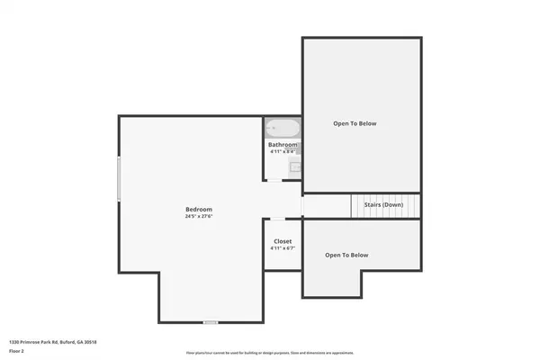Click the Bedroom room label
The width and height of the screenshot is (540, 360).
pyautogui.click(x=199, y=209)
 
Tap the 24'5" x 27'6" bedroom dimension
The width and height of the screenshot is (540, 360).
pyautogui.click(x=199, y=216)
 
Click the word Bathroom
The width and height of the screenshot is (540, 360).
pyautogui.click(x=283, y=145)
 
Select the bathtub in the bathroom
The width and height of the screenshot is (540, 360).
pyautogui.click(x=283, y=128)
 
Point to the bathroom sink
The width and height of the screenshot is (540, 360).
pyautogui.click(x=293, y=166)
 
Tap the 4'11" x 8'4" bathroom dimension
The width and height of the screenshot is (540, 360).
pyautogui.click(x=283, y=151)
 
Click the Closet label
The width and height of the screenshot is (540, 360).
pyautogui.click(x=283, y=241)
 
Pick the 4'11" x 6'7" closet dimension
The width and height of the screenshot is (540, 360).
pyautogui.click(x=283, y=248)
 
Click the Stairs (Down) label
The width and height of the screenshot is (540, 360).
pyautogui.click(x=383, y=205)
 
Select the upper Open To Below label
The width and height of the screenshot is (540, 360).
pyautogui.click(x=355, y=123)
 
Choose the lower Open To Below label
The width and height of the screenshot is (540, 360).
pyautogui.click(x=346, y=256)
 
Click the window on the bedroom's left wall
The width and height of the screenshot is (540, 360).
pyautogui.click(x=119, y=180)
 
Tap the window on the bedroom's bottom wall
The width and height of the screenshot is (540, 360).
pyautogui.click(x=211, y=321)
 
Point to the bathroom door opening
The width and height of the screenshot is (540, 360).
pyautogui.click(x=283, y=180)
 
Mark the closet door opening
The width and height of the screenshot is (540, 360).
pyautogui.click(x=282, y=219)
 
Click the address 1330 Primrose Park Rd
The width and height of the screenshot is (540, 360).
pyautogui.click(x=52, y=342)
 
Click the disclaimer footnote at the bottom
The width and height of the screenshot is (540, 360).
pyautogui.click(x=269, y=352)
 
